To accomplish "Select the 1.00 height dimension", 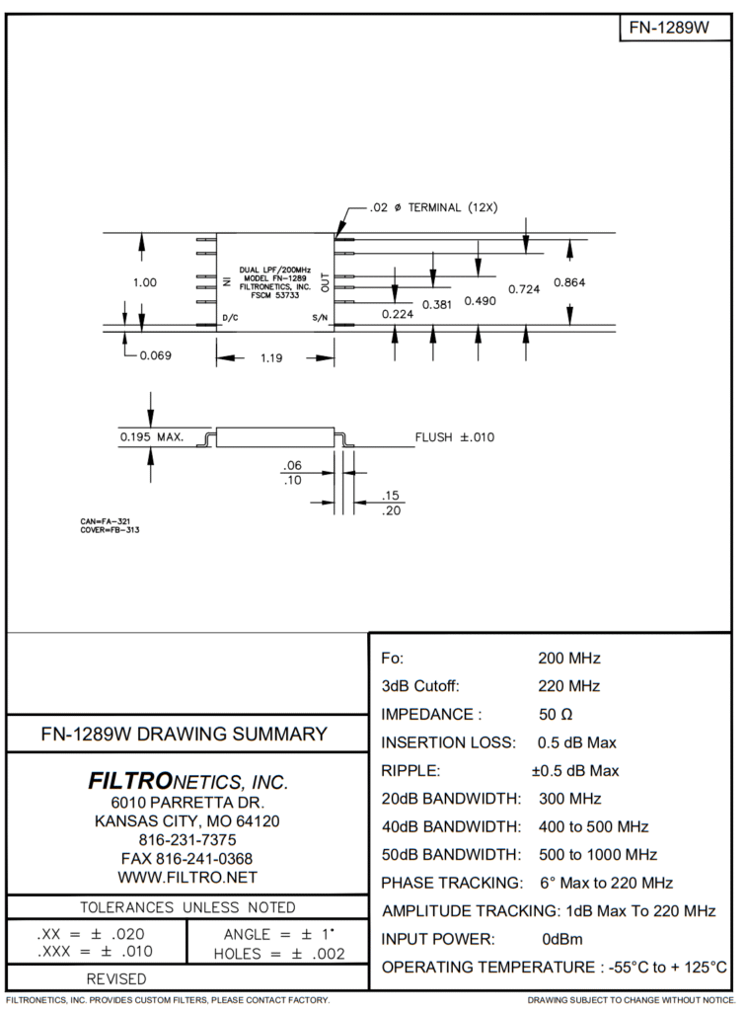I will click(x=144, y=282).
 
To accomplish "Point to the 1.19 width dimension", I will click(x=271, y=358).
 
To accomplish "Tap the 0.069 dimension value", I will click(x=156, y=355).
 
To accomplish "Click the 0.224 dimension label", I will click(x=397, y=314).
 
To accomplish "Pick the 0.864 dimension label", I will click(x=569, y=282).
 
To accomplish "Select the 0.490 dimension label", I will click(x=480, y=300).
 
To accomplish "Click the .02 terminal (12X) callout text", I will click(x=434, y=207).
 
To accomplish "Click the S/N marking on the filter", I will click(x=319, y=318).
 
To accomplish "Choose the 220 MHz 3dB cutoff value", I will click(x=568, y=686).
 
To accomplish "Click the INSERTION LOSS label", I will click(x=447, y=742).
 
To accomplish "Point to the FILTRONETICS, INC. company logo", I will click(x=187, y=782).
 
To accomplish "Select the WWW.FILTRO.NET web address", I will click(x=187, y=877).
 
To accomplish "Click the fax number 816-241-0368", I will click(x=187, y=858).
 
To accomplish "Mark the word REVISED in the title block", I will click(x=116, y=978).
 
